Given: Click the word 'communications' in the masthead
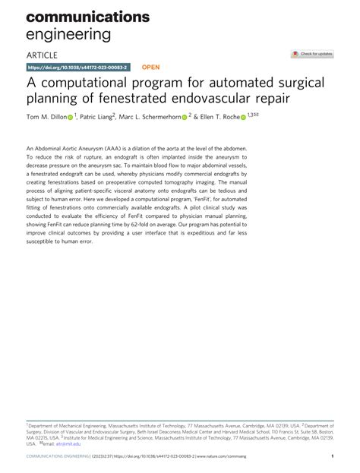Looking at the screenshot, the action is tap(88, 17).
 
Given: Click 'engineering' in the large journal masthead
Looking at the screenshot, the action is tap(68, 34).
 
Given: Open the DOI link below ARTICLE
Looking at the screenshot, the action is tap(78, 67).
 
